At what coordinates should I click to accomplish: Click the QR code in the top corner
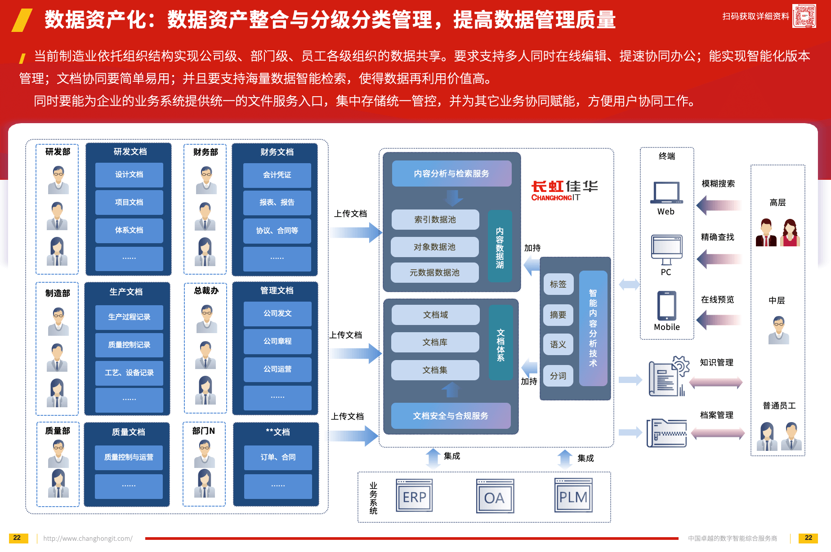pyautogui.click(x=804, y=16)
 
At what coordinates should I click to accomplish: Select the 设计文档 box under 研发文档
pyautogui.click(x=129, y=174)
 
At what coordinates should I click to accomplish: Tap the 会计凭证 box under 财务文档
pyautogui.click(x=277, y=175)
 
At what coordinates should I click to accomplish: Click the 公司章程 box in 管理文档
pyautogui.click(x=277, y=341)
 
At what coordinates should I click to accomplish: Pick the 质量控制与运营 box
pyautogui.click(x=129, y=457)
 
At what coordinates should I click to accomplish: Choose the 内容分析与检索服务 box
pyautogui.click(x=451, y=174)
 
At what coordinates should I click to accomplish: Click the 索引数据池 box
pyautogui.click(x=435, y=219)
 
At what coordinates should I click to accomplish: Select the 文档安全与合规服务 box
pyautogui.click(x=451, y=416)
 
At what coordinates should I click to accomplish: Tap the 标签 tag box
pyautogui.click(x=558, y=284)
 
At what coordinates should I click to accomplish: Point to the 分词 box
pyautogui.click(x=558, y=376)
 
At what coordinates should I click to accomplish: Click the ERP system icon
pyautogui.click(x=414, y=496)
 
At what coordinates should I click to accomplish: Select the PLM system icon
pyautogui.click(x=573, y=496)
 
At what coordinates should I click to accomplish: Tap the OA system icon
pyautogui.click(x=495, y=496)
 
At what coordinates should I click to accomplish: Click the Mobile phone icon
pyautogui.click(x=666, y=306)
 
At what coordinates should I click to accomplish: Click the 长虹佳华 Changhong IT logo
pyautogui.click(x=564, y=191)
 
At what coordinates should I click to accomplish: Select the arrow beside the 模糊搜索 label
pyautogui.click(x=719, y=205)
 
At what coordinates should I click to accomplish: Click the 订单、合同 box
pyautogui.click(x=278, y=457)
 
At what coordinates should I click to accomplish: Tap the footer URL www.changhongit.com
pyautogui.click(x=88, y=539)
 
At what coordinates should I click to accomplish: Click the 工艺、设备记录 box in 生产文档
pyautogui.click(x=129, y=373)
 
